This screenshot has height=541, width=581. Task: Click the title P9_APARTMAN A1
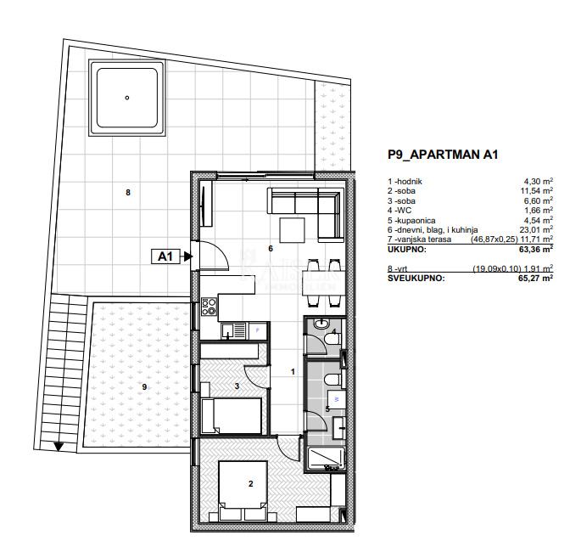click(x=443, y=155)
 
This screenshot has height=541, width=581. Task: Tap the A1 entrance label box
click(x=165, y=256)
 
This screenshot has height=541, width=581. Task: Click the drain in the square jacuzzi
click(x=127, y=98)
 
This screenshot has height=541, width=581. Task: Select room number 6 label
click(x=271, y=248)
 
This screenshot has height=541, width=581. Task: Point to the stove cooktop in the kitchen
click(x=209, y=307)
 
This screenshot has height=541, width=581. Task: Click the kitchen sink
click(x=233, y=331)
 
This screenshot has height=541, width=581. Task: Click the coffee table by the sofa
click(x=292, y=230)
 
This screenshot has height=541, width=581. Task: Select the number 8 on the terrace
click(x=128, y=193)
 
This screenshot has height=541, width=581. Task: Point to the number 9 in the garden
click(x=144, y=387)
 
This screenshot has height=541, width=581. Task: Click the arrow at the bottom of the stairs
click(x=59, y=447)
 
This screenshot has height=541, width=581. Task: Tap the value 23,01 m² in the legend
click(x=537, y=229)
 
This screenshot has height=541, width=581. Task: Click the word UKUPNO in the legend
click(x=407, y=250)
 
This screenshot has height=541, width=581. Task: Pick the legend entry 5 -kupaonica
click(x=411, y=221)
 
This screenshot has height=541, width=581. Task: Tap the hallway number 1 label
click(x=293, y=371)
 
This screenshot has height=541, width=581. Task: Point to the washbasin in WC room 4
click(x=320, y=324)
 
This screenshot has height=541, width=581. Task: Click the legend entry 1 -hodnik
click(x=405, y=182)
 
